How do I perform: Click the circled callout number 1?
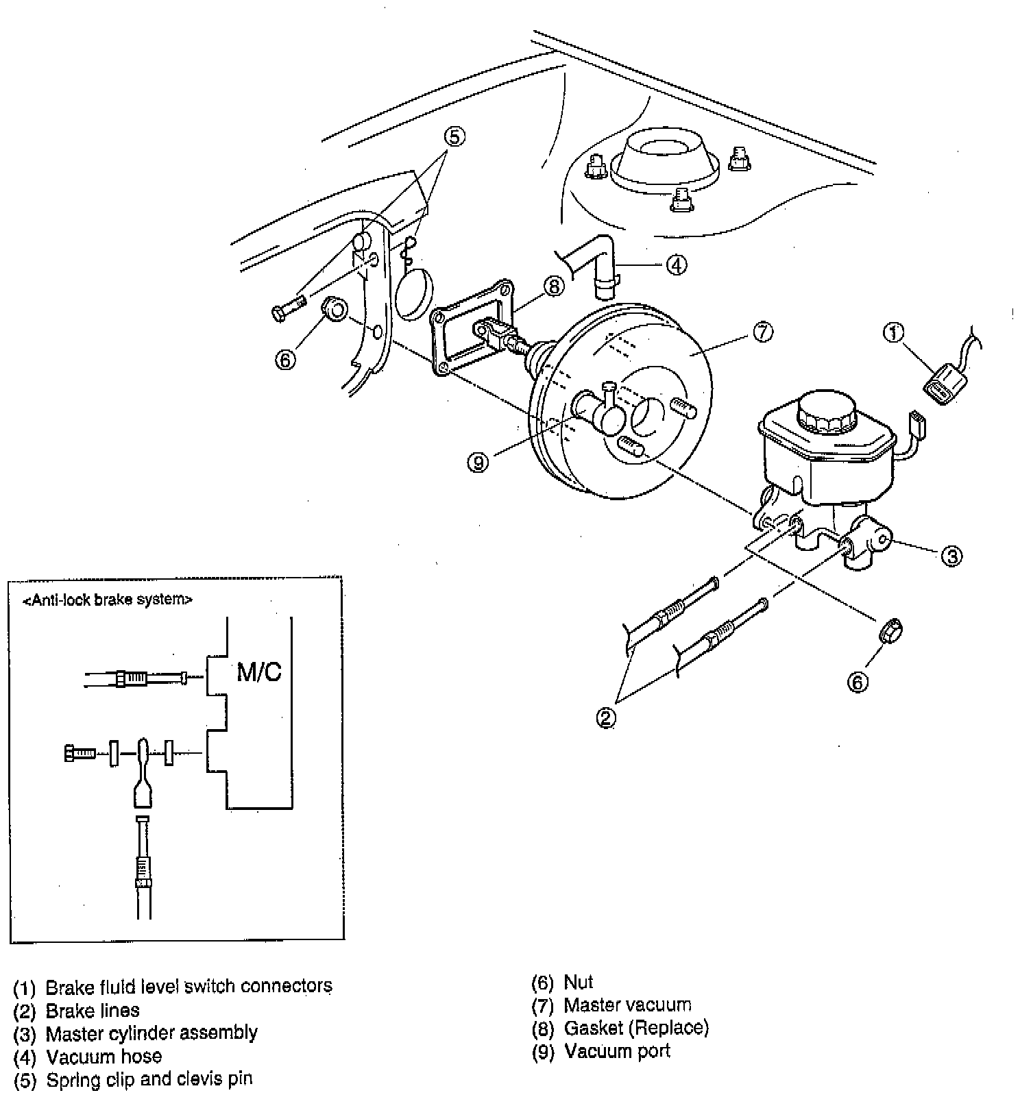(893, 333)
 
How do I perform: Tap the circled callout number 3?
(951, 556)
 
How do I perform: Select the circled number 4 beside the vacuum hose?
(676, 264)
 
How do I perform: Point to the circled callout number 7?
(762, 332)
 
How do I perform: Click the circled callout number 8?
(553, 286)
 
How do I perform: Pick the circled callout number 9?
(478, 463)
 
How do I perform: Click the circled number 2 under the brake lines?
(606, 717)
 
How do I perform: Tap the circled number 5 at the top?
(454, 137)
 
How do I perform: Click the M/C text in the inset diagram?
(259, 672)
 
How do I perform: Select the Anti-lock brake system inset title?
(108, 600)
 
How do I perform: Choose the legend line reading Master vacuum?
(627, 1005)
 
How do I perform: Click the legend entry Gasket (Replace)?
(635, 1028)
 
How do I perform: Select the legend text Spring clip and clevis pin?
(149, 1079)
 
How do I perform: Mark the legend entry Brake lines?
(92, 1010)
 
